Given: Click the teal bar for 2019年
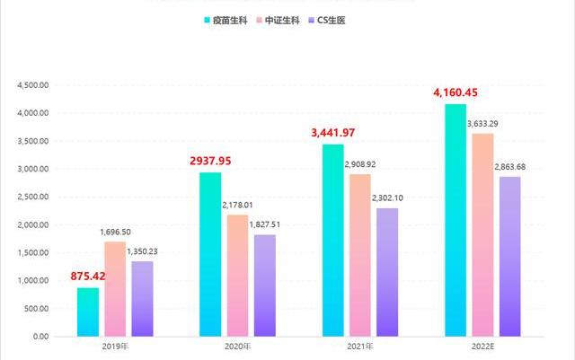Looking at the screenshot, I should pyautogui.click(x=88, y=312).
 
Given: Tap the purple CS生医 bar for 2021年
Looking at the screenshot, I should pyautogui.click(x=386, y=272).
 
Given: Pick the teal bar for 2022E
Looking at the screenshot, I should pyautogui.click(x=456, y=220).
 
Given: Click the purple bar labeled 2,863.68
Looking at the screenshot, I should pyautogui.click(x=509, y=256).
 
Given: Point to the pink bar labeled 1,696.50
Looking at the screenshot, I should pyautogui.click(x=115, y=289).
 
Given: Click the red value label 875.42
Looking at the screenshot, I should pyautogui.click(x=87, y=276).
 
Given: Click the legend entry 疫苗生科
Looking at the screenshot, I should pyautogui.click(x=232, y=19).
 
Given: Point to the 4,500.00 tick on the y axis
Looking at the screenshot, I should pyautogui.click(x=32, y=85).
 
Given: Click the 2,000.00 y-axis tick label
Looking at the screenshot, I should pyautogui.click(x=32, y=224).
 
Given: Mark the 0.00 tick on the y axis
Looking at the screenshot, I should pyautogui.click(x=39, y=336).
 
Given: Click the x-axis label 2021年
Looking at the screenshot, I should pyautogui.click(x=360, y=346).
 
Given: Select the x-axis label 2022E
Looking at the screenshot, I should pyautogui.click(x=482, y=346).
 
